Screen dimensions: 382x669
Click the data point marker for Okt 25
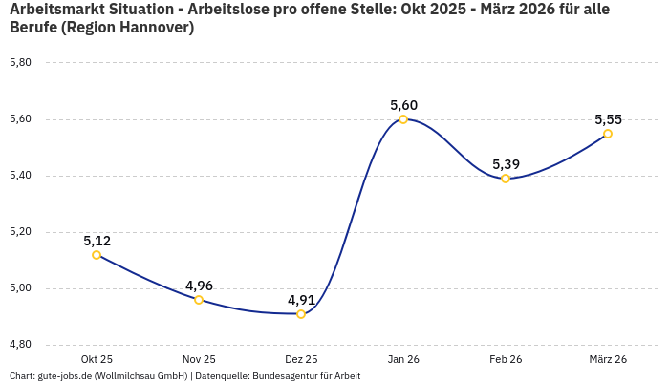click(x=97, y=255)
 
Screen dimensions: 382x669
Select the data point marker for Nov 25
click(x=199, y=300)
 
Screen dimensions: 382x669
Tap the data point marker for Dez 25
click(x=301, y=314)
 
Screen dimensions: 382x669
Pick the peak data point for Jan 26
click(x=403, y=119)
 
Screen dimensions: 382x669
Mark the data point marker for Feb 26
click(x=506, y=179)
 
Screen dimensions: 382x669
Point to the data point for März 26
click(x=608, y=134)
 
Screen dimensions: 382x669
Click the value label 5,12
click(x=97, y=241)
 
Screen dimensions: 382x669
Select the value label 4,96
click(x=199, y=286)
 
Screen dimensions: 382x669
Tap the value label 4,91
click(x=301, y=300)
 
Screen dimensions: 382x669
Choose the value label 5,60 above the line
click(x=403, y=105)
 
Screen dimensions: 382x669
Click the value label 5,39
click(x=506, y=164)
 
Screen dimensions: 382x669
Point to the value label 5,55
click(x=608, y=119)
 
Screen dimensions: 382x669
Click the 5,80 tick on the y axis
click(x=20, y=63)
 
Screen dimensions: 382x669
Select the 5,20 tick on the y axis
click(x=20, y=232)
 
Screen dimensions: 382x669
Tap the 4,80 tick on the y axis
click(x=20, y=345)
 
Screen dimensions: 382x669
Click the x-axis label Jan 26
click(x=403, y=359)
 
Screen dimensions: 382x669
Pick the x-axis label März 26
click(x=608, y=359)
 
